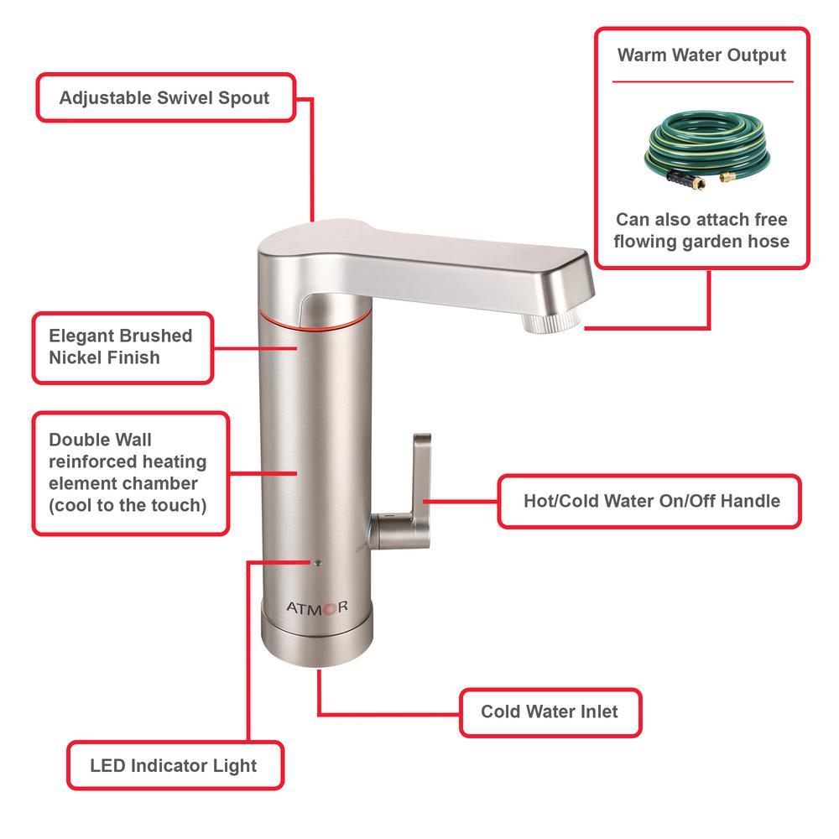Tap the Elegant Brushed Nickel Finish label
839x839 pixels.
point(122,348)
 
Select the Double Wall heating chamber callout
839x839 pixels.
point(131,473)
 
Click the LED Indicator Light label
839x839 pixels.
point(175,765)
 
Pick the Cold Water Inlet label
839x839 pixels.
point(550,712)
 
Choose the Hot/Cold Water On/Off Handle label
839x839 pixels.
point(649,502)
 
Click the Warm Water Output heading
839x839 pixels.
point(701,55)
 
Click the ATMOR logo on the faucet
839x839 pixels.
point(317,607)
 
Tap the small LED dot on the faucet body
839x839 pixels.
point(318,562)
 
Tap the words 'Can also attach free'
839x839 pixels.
point(701,219)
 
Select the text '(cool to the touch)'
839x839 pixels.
point(128,506)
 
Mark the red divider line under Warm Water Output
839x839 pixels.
point(702,82)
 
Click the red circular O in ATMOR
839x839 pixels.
point(329,608)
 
